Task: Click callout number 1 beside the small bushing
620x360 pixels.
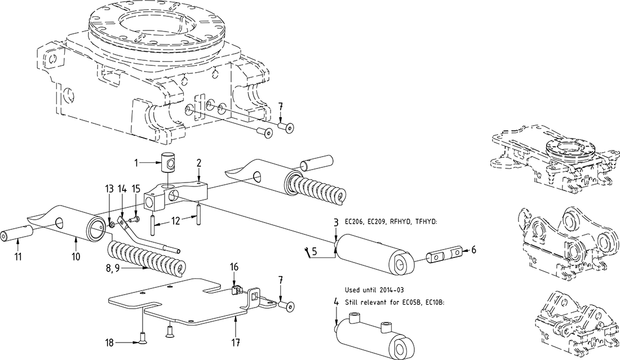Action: tap(136, 163)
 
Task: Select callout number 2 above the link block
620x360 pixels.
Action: tap(198, 163)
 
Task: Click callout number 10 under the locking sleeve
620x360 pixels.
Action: tap(76, 256)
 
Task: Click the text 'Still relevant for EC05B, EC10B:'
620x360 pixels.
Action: tap(395, 303)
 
